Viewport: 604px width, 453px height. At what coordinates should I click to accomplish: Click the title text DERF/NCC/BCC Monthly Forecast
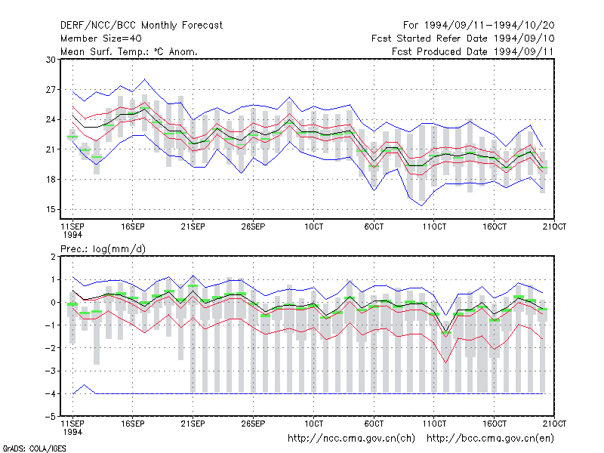click(141, 26)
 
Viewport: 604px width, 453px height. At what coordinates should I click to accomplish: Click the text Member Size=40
click(101, 39)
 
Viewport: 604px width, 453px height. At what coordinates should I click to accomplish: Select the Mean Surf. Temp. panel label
click(128, 51)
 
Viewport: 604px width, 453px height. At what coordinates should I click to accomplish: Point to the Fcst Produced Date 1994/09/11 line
click(473, 51)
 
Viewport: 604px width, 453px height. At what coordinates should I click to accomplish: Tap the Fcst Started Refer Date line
click(463, 39)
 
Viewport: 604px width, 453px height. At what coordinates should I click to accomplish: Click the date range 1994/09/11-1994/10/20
click(489, 26)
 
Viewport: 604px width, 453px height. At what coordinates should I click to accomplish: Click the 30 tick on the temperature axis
click(51, 60)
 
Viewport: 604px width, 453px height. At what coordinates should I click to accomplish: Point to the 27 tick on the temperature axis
click(51, 90)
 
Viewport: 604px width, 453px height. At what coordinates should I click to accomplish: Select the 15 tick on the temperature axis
click(51, 210)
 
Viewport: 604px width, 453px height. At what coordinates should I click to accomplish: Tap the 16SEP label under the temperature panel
click(133, 226)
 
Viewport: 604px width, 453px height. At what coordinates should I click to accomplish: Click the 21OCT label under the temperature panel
click(554, 226)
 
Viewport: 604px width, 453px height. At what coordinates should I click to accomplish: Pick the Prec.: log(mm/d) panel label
click(103, 249)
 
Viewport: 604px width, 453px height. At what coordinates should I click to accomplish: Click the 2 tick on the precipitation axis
click(53, 257)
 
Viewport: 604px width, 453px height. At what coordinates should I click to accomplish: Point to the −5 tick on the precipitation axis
click(50, 417)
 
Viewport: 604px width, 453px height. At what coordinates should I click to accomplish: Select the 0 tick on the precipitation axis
click(53, 303)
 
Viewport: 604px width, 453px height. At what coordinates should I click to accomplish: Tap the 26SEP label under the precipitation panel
click(253, 424)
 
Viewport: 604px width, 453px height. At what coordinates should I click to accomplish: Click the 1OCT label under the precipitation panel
click(313, 424)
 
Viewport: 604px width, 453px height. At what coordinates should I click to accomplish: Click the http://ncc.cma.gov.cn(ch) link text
click(351, 439)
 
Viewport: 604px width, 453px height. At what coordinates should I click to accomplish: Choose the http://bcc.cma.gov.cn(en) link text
click(490, 439)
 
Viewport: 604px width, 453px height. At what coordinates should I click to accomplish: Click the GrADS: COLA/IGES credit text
click(34, 448)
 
